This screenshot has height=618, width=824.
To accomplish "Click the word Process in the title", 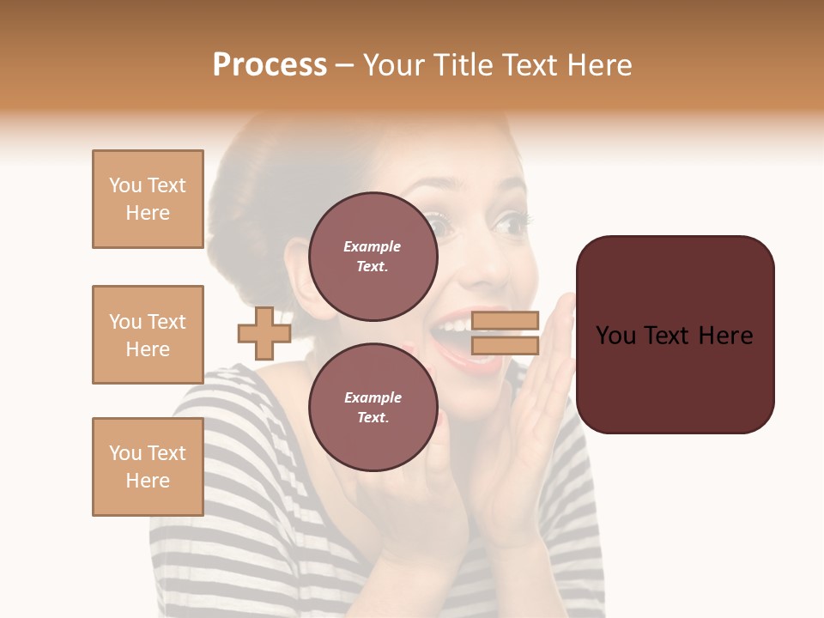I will click(270, 65).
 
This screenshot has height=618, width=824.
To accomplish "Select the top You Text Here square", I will click(148, 199).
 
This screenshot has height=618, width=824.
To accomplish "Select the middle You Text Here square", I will click(148, 335).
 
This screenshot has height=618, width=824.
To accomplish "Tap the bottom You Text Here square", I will click(148, 467).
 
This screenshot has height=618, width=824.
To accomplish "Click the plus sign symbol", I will click(264, 333).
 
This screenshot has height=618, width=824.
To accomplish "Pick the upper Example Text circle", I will click(373, 257).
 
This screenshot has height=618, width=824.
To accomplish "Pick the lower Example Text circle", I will click(373, 408).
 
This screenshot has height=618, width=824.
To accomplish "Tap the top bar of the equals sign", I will click(505, 320).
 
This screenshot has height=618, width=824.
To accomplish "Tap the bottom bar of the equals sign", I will click(505, 345).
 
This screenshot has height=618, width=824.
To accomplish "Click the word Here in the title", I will click(598, 65).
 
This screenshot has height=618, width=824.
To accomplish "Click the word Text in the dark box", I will click(675, 335).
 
